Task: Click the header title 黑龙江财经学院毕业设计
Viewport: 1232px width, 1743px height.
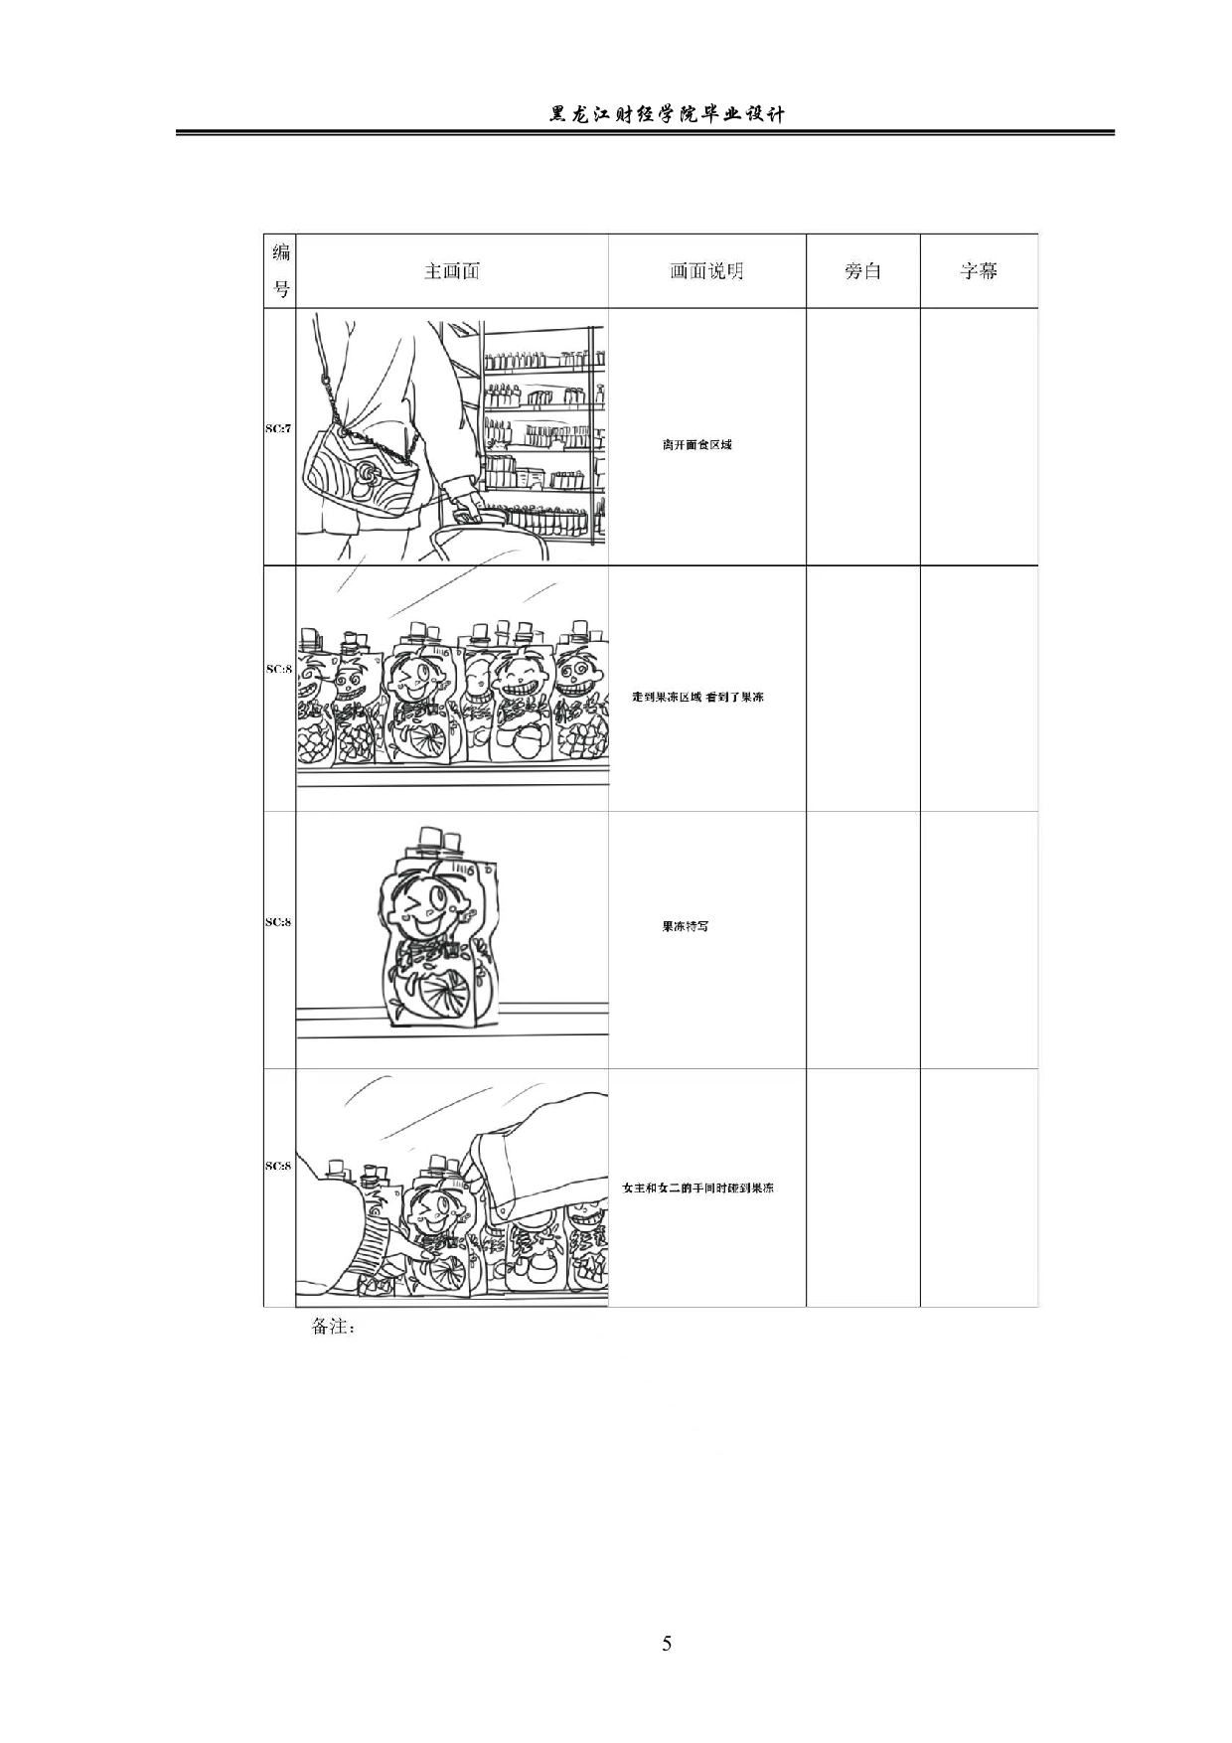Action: [x=667, y=114]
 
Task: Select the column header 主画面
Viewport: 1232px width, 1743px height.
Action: [x=451, y=271]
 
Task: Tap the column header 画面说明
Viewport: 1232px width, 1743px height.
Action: [x=706, y=271]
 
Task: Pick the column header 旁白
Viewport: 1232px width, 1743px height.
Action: [x=862, y=271]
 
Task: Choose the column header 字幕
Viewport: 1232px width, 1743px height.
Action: [x=979, y=271]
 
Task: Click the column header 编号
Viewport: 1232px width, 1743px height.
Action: [x=281, y=270]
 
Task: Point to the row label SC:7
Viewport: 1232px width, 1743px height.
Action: [x=278, y=428]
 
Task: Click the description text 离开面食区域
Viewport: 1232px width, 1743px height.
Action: [x=697, y=444]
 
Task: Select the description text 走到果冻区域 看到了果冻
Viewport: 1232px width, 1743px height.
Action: [x=698, y=697]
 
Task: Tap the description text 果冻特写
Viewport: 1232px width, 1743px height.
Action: [x=686, y=926]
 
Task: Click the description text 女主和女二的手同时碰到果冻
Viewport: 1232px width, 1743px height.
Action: [x=697, y=1188]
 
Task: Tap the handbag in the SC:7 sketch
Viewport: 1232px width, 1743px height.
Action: [x=358, y=474]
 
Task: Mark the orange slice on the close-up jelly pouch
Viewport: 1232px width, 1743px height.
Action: [x=444, y=998]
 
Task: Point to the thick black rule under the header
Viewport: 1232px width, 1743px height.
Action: [x=646, y=133]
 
